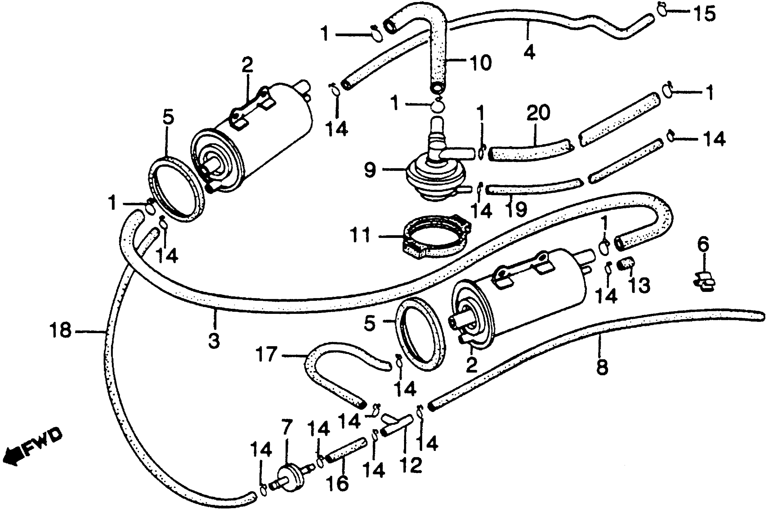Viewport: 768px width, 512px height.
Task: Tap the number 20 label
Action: click(x=538, y=113)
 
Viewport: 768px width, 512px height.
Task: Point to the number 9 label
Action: click(x=370, y=170)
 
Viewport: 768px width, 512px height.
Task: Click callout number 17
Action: click(x=267, y=354)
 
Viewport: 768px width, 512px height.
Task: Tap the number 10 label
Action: click(x=481, y=63)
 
